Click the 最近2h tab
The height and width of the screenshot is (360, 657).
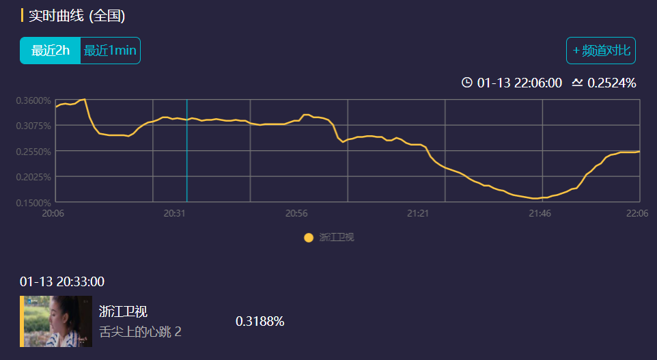point(51,51)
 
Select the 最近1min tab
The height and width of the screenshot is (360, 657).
point(110,51)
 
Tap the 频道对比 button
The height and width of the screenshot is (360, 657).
point(601,51)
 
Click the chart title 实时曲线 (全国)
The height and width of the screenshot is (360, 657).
point(76,15)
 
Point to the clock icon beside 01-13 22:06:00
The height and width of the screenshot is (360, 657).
point(467,83)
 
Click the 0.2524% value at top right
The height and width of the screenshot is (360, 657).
point(611,83)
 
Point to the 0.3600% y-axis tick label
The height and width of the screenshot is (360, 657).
point(33,100)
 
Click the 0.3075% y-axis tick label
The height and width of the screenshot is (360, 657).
point(33,126)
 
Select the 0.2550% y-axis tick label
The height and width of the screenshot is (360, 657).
point(33,152)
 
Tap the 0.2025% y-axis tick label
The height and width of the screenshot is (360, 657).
point(33,177)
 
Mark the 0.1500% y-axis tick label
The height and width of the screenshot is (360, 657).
point(33,203)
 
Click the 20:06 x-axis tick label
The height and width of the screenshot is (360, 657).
point(53,214)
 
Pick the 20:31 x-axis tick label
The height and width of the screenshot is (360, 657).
point(176,214)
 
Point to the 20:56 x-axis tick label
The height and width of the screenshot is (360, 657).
point(296,214)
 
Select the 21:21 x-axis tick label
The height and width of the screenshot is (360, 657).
point(418,214)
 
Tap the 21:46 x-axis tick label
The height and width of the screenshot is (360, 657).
point(540,214)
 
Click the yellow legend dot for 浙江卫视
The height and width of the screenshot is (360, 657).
point(309,238)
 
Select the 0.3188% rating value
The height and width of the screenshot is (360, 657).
point(260,321)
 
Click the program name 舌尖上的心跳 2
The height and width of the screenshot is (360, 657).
point(140,332)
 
